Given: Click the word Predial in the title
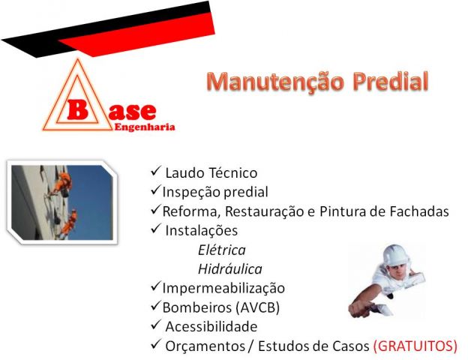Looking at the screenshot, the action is [x=391, y=81].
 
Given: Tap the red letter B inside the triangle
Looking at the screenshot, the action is [x=77, y=109].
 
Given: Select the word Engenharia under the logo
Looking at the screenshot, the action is [x=145, y=127].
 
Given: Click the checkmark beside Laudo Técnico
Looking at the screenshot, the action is [x=156, y=171].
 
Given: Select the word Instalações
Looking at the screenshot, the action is [x=202, y=231].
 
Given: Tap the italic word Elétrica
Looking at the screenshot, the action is [x=222, y=250].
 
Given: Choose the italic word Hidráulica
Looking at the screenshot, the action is [x=230, y=269].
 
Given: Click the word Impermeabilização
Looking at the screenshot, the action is [x=223, y=288].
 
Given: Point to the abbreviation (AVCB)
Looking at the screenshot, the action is [x=257, y=307].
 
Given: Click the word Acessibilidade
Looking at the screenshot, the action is [x=211, y=326].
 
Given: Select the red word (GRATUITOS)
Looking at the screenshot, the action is [x=415, y=346].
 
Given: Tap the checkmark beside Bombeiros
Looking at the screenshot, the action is [x=156, y=305].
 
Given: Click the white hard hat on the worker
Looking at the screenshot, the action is [x=395, y=255].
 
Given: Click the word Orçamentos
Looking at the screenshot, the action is [x=205, y=346].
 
